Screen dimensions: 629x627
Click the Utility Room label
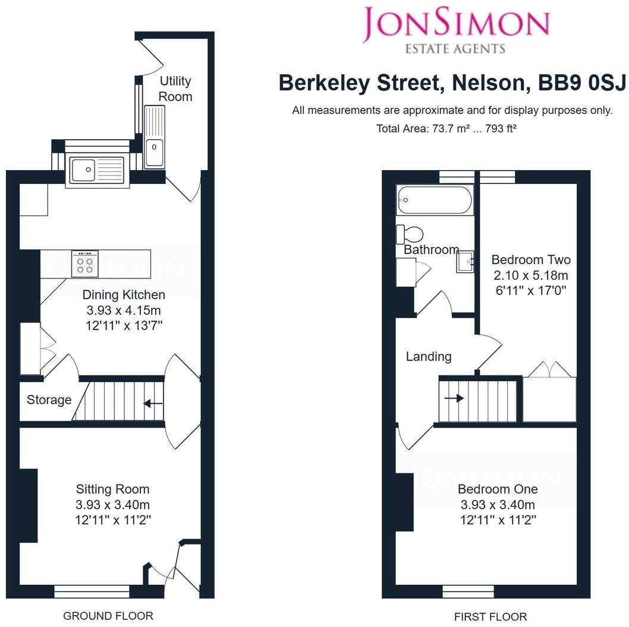175,89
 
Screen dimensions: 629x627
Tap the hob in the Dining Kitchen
85,264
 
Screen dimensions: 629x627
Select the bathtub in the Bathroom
435,199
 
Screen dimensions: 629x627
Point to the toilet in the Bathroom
410,234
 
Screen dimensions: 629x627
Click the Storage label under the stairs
49,400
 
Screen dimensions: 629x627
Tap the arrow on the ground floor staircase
153,403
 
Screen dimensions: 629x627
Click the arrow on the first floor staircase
454,398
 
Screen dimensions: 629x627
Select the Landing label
429,356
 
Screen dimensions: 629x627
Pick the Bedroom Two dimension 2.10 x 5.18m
531,275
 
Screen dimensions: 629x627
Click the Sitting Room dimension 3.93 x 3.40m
113,504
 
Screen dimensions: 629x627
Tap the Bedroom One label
498,489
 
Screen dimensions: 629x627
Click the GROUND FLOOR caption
108,616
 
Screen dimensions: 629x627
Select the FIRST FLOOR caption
490,616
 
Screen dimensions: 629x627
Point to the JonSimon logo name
456,24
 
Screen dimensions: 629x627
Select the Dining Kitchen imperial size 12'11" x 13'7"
124,325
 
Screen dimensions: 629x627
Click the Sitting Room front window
92,591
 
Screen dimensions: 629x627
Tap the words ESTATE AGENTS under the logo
455,49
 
